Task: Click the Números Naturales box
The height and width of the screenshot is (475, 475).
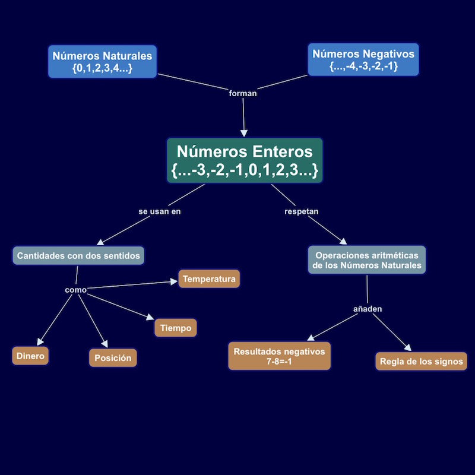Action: pos(102,61)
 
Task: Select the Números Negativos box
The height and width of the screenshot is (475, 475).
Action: pos(363,59)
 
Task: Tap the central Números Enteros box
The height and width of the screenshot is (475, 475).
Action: pos(245,160)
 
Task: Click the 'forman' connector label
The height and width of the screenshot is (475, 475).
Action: pos(243,93)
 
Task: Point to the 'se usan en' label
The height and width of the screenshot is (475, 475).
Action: pos(159,211)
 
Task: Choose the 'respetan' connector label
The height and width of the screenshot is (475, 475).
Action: pos(302,211)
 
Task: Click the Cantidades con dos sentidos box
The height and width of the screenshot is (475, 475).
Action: pos(78,255)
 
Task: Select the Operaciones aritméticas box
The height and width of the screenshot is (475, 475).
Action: pos(367,259)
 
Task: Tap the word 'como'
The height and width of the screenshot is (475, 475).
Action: pos(75,290)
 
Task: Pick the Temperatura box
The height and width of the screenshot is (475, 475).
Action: pos(209,278)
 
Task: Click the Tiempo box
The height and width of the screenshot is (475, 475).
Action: pos(175,328)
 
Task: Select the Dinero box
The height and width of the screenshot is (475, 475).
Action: pos(30,356)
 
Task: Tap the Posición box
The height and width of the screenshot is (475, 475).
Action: pos(113,358)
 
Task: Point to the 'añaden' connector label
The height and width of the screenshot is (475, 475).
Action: pos(368,309)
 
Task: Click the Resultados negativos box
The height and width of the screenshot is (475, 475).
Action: pos(279,356)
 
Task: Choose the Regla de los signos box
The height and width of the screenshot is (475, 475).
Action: pos(422,361)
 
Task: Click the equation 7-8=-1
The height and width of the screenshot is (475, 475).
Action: pos(279,362)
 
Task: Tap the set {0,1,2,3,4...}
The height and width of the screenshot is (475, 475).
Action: pos(102,68)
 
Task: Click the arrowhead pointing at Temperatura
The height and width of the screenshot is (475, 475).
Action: pos(175,281)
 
